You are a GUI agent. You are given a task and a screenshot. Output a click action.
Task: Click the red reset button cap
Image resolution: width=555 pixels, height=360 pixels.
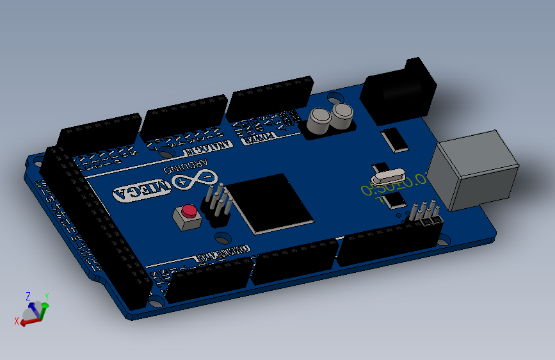189,211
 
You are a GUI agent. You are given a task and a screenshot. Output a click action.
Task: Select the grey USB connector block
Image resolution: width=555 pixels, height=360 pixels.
473,170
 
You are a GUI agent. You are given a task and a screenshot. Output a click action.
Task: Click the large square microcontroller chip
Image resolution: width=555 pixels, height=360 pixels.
271,201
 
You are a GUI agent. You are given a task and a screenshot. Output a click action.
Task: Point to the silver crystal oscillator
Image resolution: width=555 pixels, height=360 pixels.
387,174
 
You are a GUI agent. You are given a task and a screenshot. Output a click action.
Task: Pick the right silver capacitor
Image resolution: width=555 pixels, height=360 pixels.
342,115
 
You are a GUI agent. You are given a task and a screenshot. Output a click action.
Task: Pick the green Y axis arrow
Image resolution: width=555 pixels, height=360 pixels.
44,310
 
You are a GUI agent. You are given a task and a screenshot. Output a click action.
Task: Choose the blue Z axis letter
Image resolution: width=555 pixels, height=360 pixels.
28,296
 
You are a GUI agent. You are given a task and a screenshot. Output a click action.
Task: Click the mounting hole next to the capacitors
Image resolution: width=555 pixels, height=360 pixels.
334,99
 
